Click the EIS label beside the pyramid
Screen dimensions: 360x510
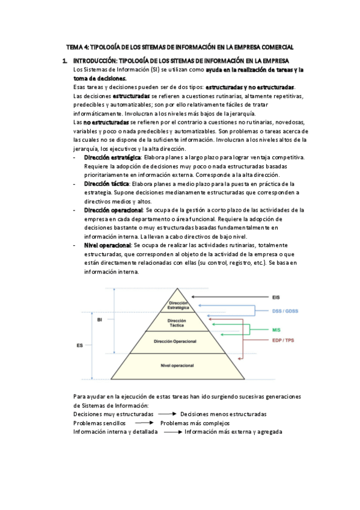coord(275,297)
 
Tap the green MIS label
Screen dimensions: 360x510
coord(276,330)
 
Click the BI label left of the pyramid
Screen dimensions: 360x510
coord(99,319)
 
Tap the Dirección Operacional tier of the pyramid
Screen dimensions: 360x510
coord(175,342)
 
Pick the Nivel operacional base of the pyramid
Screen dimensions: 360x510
coord(175,366)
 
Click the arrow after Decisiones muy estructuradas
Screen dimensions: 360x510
coord(166,414)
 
